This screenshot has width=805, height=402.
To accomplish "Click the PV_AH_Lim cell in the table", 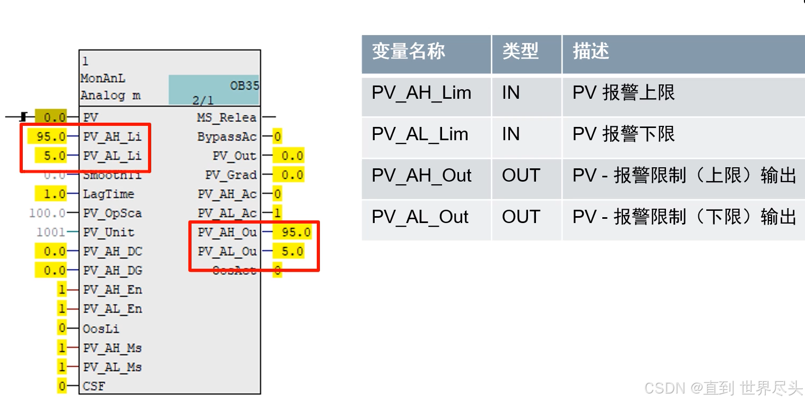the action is point(421,93).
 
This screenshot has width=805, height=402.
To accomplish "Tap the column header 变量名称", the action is point(408,52).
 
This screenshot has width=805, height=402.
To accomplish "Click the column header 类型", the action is point(520,52).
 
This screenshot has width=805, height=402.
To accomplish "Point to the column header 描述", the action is point(591,52).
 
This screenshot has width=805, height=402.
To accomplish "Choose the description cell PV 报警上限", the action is point(624,93).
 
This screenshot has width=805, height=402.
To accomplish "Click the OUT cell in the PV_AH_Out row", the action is point(521,176).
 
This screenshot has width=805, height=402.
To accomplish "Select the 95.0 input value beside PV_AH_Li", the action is point(51,136).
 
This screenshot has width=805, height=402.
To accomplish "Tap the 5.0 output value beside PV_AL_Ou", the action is point(292,251).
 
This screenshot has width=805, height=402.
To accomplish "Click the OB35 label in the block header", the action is point(244,85).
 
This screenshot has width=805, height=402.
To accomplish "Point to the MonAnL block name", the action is point(103,79).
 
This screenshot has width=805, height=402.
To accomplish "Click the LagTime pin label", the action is point(108,194).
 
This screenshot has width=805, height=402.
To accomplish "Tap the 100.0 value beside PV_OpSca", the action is point(48,213).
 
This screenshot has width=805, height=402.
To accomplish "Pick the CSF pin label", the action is point(94,386).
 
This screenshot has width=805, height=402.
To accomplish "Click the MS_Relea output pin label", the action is point(227,117).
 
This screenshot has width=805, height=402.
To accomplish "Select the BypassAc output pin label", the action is point(227,136).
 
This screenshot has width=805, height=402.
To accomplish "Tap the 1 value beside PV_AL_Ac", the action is point(277,213).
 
